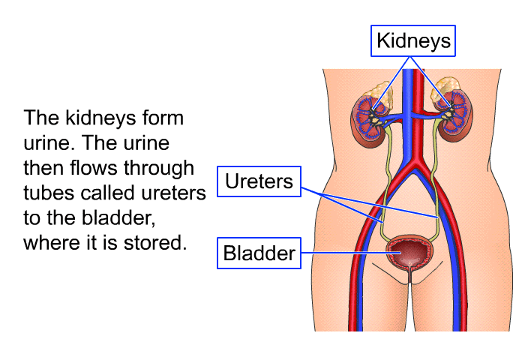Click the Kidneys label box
tap(413, 40)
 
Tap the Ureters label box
tap(259, 181)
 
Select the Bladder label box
tap(259, 253)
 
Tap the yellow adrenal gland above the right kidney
tap(448, 85)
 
